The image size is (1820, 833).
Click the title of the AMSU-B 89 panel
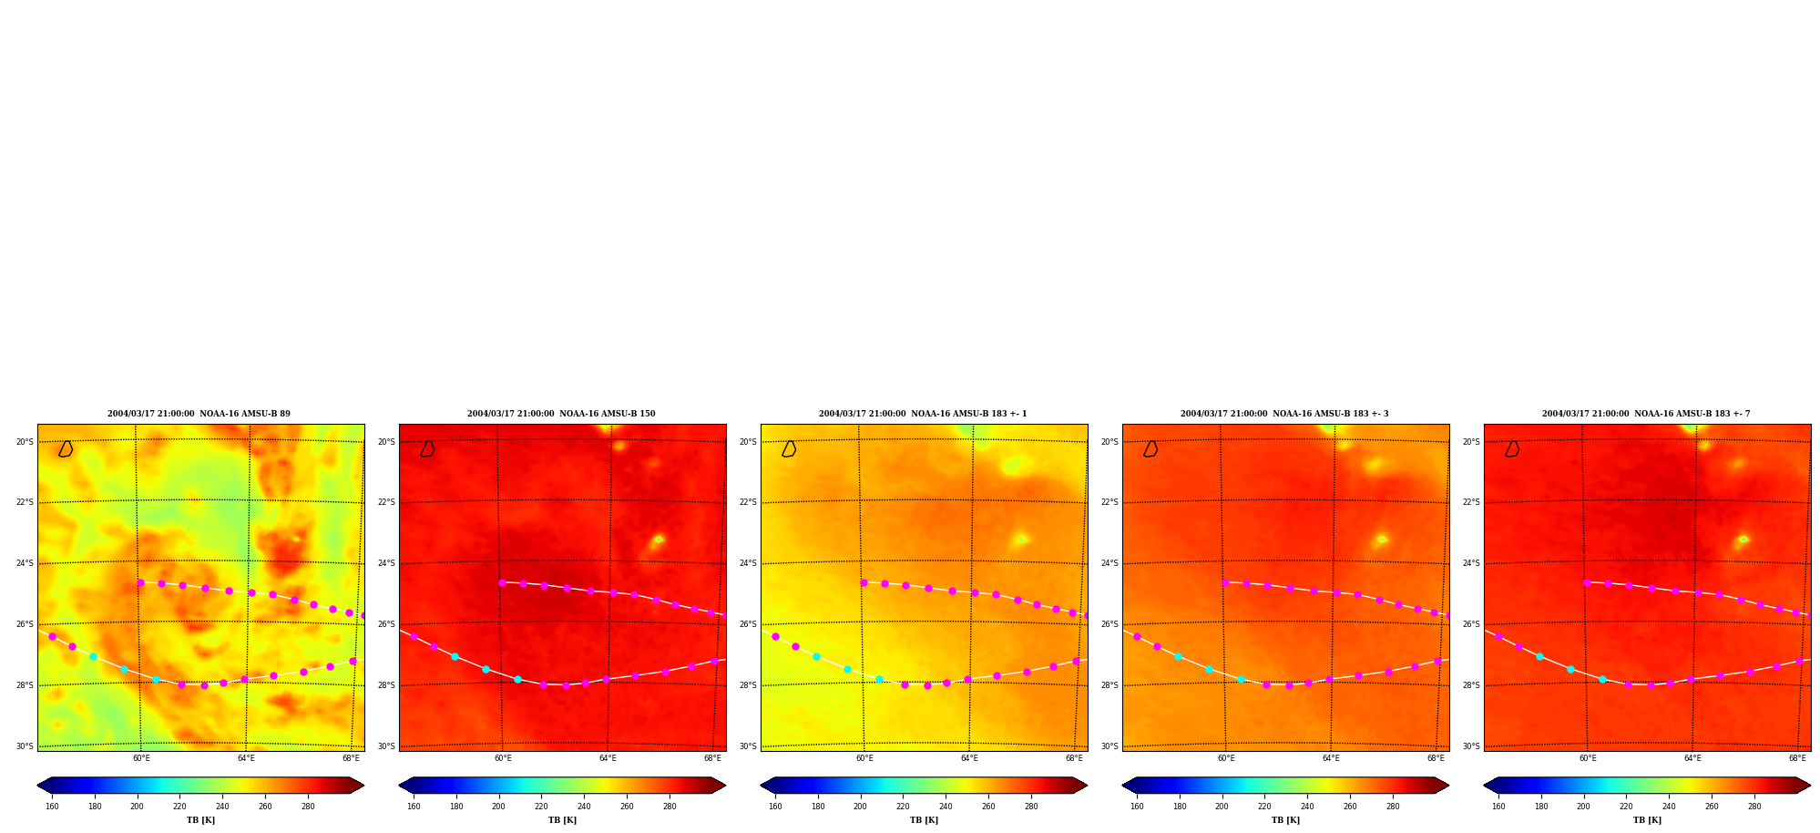click(199, 414)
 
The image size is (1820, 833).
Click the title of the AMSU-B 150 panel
click(561, 414)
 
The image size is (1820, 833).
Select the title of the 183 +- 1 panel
click(923, 414)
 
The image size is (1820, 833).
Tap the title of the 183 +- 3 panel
click(1284, 414)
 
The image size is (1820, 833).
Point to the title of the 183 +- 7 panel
click(1646, 414)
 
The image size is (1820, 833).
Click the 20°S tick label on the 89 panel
click(25, 442)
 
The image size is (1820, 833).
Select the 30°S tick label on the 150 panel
click(386, 746)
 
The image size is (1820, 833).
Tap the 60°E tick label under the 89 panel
click(141, 758)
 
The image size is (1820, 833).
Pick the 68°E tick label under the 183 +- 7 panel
click(1797, 758)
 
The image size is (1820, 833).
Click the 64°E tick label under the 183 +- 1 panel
click(969, 758)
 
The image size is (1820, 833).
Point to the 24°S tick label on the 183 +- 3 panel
click(1109, 563)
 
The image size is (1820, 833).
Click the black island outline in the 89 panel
click(66, 448)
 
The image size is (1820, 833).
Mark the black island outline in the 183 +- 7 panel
click(1512, 448)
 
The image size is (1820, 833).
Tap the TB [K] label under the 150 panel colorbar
click(562, 820)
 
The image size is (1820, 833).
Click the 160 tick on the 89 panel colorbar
click(52, 807)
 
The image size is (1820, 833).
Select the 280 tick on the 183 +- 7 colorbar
click(1754, 807)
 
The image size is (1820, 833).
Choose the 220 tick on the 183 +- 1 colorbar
click(903, 807)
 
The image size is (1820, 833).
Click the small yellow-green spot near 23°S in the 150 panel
click(658, 540)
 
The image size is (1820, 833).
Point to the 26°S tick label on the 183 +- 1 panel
click(748, 624)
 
